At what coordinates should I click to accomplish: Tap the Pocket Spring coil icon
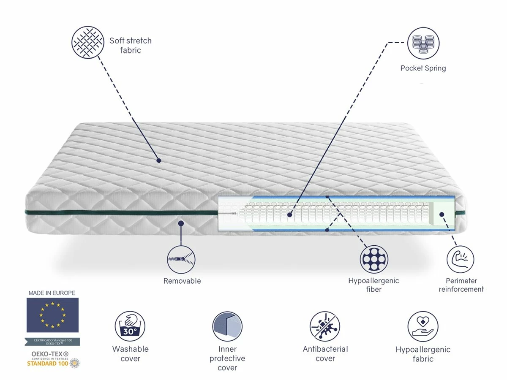423,43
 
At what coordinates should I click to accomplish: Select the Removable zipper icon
181,259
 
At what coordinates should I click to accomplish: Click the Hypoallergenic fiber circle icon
373,259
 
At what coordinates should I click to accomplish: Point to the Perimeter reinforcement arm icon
460,259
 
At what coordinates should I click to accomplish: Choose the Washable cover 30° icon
130,326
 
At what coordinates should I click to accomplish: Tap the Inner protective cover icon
227,326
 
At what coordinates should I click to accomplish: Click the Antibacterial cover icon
325,326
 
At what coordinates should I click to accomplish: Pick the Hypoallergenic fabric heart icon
423,326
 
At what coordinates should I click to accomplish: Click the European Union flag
52,315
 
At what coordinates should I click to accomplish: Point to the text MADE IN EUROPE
52,293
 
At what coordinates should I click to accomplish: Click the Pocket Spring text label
423,68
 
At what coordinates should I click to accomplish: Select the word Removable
182,281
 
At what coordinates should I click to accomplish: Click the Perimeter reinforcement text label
461,285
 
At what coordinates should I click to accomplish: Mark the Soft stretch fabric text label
130,46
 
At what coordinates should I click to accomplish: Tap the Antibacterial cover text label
325,354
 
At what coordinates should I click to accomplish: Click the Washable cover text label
130,354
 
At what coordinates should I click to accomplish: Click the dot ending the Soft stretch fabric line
159,160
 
